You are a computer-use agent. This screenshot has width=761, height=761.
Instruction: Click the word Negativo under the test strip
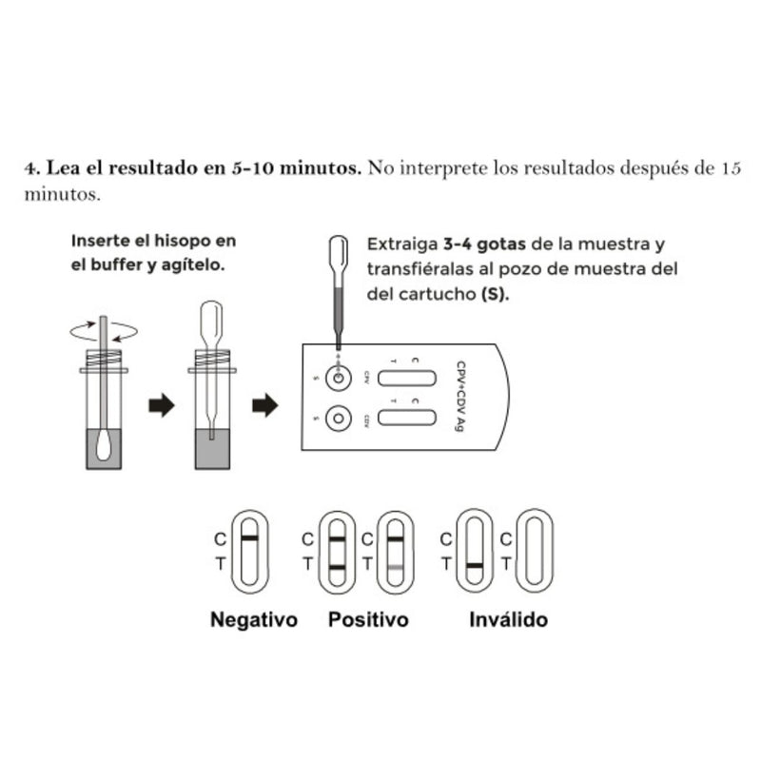(x=253, y=620)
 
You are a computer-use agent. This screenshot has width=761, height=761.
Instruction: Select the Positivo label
(x=368, y=620)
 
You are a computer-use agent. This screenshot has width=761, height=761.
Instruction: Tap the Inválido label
(x=509, y=620)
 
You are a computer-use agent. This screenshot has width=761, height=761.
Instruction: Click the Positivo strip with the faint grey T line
(x=396, y=551)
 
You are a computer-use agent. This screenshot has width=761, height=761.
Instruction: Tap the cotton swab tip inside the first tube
(x=105, y=442)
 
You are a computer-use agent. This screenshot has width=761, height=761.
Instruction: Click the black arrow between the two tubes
(x=163, y=406)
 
